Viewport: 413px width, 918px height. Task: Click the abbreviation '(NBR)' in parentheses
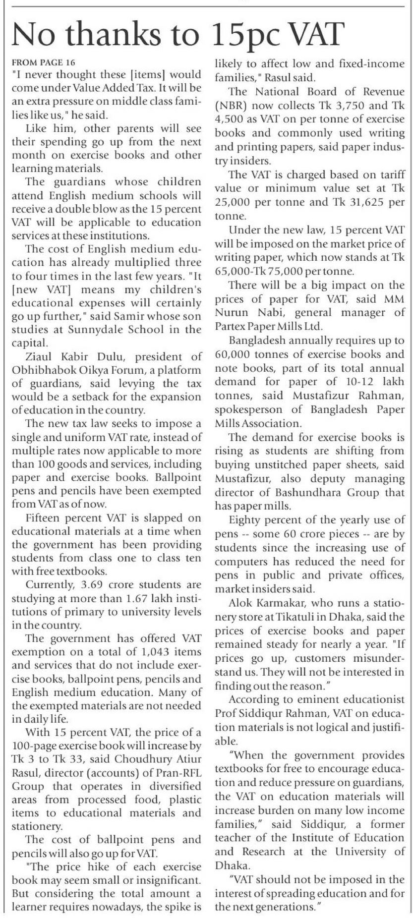[x=231, y=106]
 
